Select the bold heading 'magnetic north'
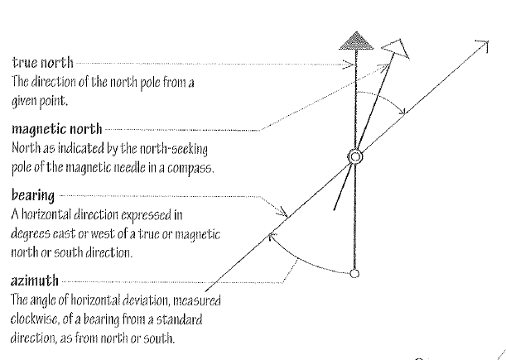pos(56,130)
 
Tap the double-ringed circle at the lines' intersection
pos(354,156)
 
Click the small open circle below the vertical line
pos(354,274)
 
